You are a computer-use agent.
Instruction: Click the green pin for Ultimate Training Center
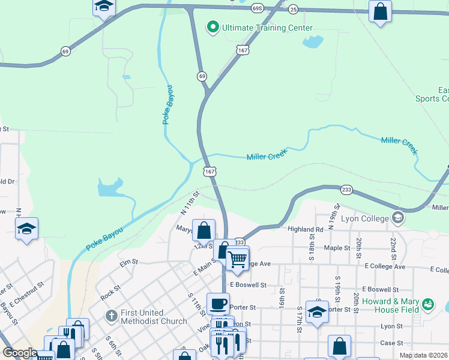pyautogui.click(x=212, y=28)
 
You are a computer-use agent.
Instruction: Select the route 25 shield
pyautogui.click(x=293, y=9)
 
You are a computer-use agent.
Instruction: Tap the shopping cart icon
pyautogui.click(x=238, y=259)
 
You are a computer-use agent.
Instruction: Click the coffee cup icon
pyautogui.click(x=218, y=303)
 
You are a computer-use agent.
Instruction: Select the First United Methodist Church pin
pyautogui.click(x=110, y=315)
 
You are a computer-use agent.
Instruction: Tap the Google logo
pyautogui.click(x=20, y=353)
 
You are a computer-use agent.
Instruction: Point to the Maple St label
pyautogui.click(x=337, y=248)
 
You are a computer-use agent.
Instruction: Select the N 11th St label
pyautogui.click(x=190, y=202)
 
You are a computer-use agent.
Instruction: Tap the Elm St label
pyautogui.click(x=128, y=262)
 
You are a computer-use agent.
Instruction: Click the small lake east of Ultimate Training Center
pyautogui.click(x=312, y=42)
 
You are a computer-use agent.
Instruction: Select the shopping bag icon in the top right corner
pyautogui.click(x=380, y=11)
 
